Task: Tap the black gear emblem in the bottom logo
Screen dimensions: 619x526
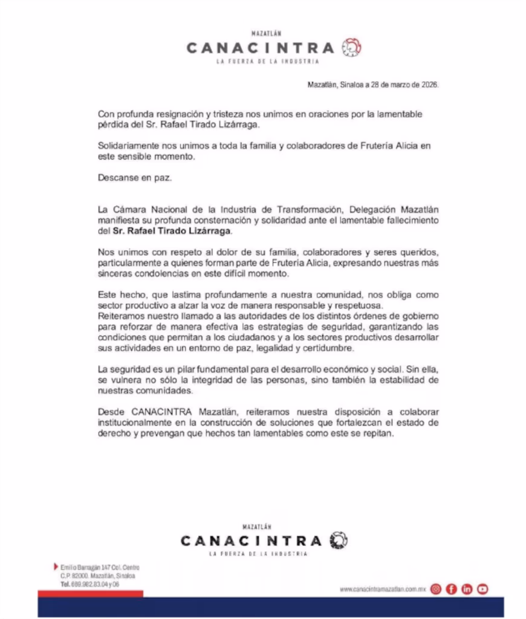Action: tap(339, 540)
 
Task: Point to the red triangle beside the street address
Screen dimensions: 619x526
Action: tap(56, 567)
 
